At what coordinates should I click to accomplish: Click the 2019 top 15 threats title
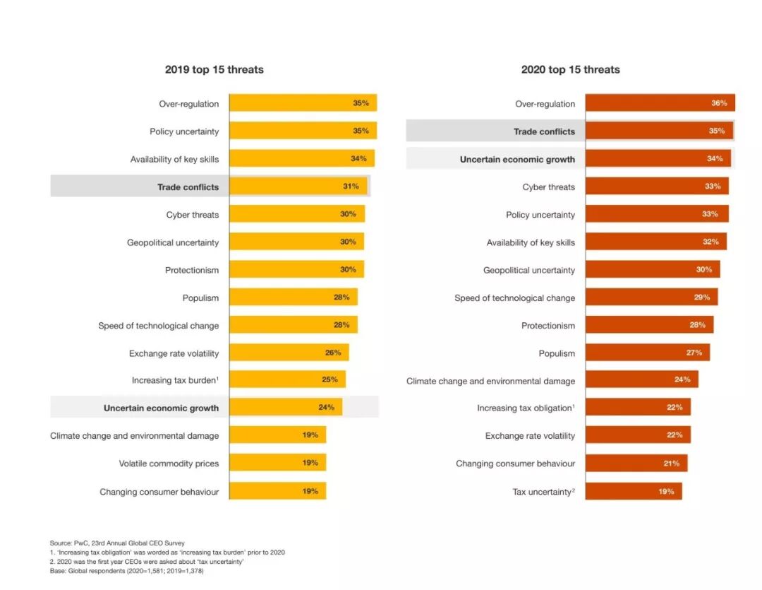[x=214, y=69]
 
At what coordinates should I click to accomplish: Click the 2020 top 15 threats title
[x=570, y=69]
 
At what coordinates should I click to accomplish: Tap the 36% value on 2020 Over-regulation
[x=718, y=103]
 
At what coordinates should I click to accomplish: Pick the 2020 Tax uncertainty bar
[x=633, y=491]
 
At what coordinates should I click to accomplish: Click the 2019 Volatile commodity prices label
[x=169, y=464]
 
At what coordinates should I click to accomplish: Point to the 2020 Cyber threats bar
[x=656, y=187]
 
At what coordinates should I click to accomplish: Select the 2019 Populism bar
[x=293, y=297]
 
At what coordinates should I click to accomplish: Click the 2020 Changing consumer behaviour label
[x=515, y=464]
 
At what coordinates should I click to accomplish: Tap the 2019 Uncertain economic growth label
[x=161, y=408]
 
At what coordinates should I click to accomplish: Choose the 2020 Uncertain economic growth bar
[x=658, y=159]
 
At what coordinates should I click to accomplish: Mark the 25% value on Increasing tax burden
[x=329, y=380]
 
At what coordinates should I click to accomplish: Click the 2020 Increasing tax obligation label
[x=526, y=408]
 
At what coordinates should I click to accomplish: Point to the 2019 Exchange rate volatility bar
[x=289, y=353]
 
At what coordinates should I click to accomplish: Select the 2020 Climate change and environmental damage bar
[x=641, y=380]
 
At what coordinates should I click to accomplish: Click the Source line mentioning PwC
[x=117, y=543]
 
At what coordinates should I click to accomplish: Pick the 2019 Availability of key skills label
[x=174, y=159]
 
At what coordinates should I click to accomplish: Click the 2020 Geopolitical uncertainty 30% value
[x=704, y=270]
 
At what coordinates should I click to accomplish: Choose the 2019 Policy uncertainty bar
[x=303, y=131]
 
